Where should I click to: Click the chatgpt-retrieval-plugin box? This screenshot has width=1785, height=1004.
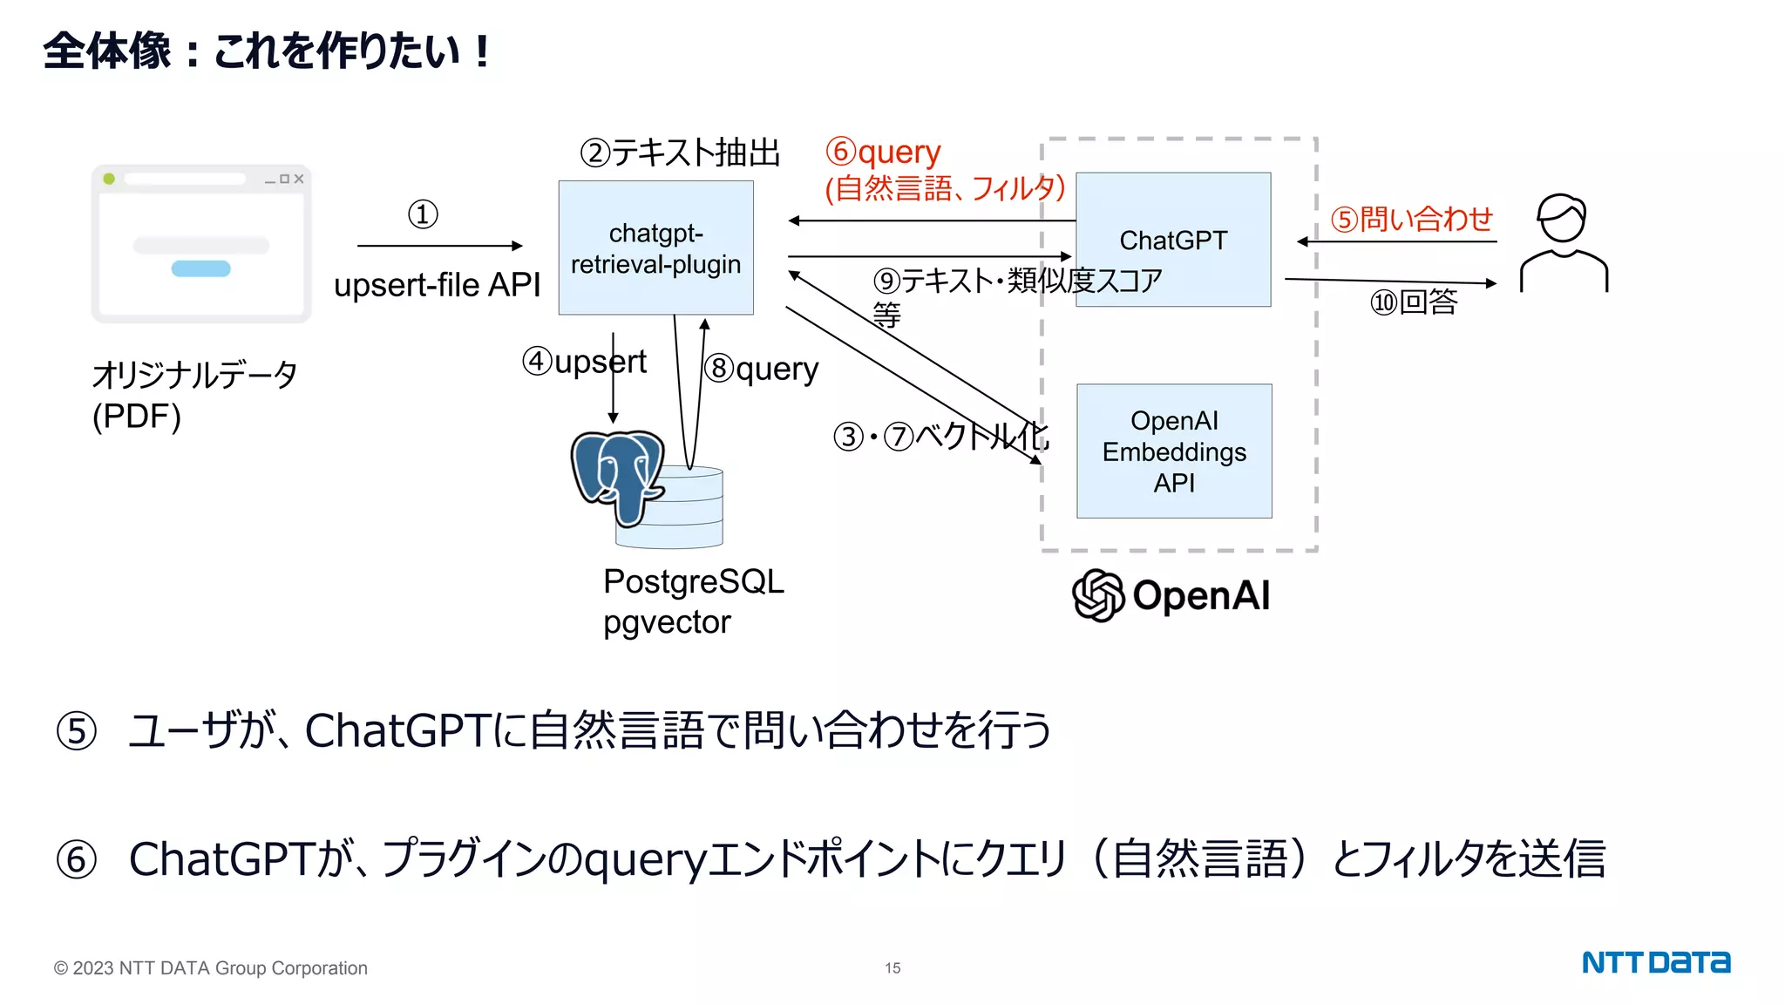pos(655,248)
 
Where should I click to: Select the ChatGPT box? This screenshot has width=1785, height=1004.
pos(1172,240)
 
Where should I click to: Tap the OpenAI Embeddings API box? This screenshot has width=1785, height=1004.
pos(1173,451)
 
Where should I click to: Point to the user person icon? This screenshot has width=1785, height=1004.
pos(1564,244)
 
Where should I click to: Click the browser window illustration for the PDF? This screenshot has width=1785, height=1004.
pos(201,244)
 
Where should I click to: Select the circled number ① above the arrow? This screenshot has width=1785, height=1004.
pos(423,214)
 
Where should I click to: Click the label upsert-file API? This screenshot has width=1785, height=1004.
pos(437,285)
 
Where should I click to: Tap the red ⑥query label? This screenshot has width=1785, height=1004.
pos(883,152)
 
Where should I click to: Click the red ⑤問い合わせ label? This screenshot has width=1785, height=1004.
pos(1411,219)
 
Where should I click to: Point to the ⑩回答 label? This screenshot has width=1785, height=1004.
pos(1414,302)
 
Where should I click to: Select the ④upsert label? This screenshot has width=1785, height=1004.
pos(584,361)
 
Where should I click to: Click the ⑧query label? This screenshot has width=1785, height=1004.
pos(762,369)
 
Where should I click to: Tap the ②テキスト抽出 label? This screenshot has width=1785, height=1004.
pos(680,153)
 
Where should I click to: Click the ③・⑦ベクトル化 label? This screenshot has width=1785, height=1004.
pos(940,436)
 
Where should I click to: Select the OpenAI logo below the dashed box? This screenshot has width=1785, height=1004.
pos(1171,595)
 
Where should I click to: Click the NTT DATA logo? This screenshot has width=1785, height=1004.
pos(1655,962)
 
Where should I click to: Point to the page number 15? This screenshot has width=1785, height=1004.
pos(892,968)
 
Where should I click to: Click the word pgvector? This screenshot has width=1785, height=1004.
pos(667,622)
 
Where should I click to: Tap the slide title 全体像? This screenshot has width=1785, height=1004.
pos(107,51)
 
